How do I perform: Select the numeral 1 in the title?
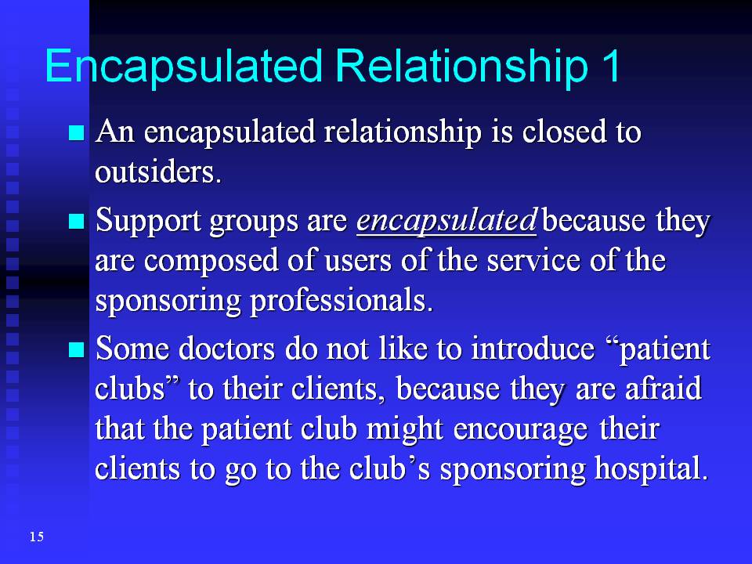click(611, 65)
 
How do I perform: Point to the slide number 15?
click(37, 537)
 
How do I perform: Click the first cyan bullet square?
click(77, 132)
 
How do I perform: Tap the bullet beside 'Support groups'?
click(77, 221)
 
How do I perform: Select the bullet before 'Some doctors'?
click(77, 349)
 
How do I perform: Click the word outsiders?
click(158, 172)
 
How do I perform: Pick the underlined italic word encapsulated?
click(446, 221)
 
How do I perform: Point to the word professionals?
click(341, 302)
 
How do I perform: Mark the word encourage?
click(520, 430)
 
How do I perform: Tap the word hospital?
click(651, 469)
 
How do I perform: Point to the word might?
click(404, 430)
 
